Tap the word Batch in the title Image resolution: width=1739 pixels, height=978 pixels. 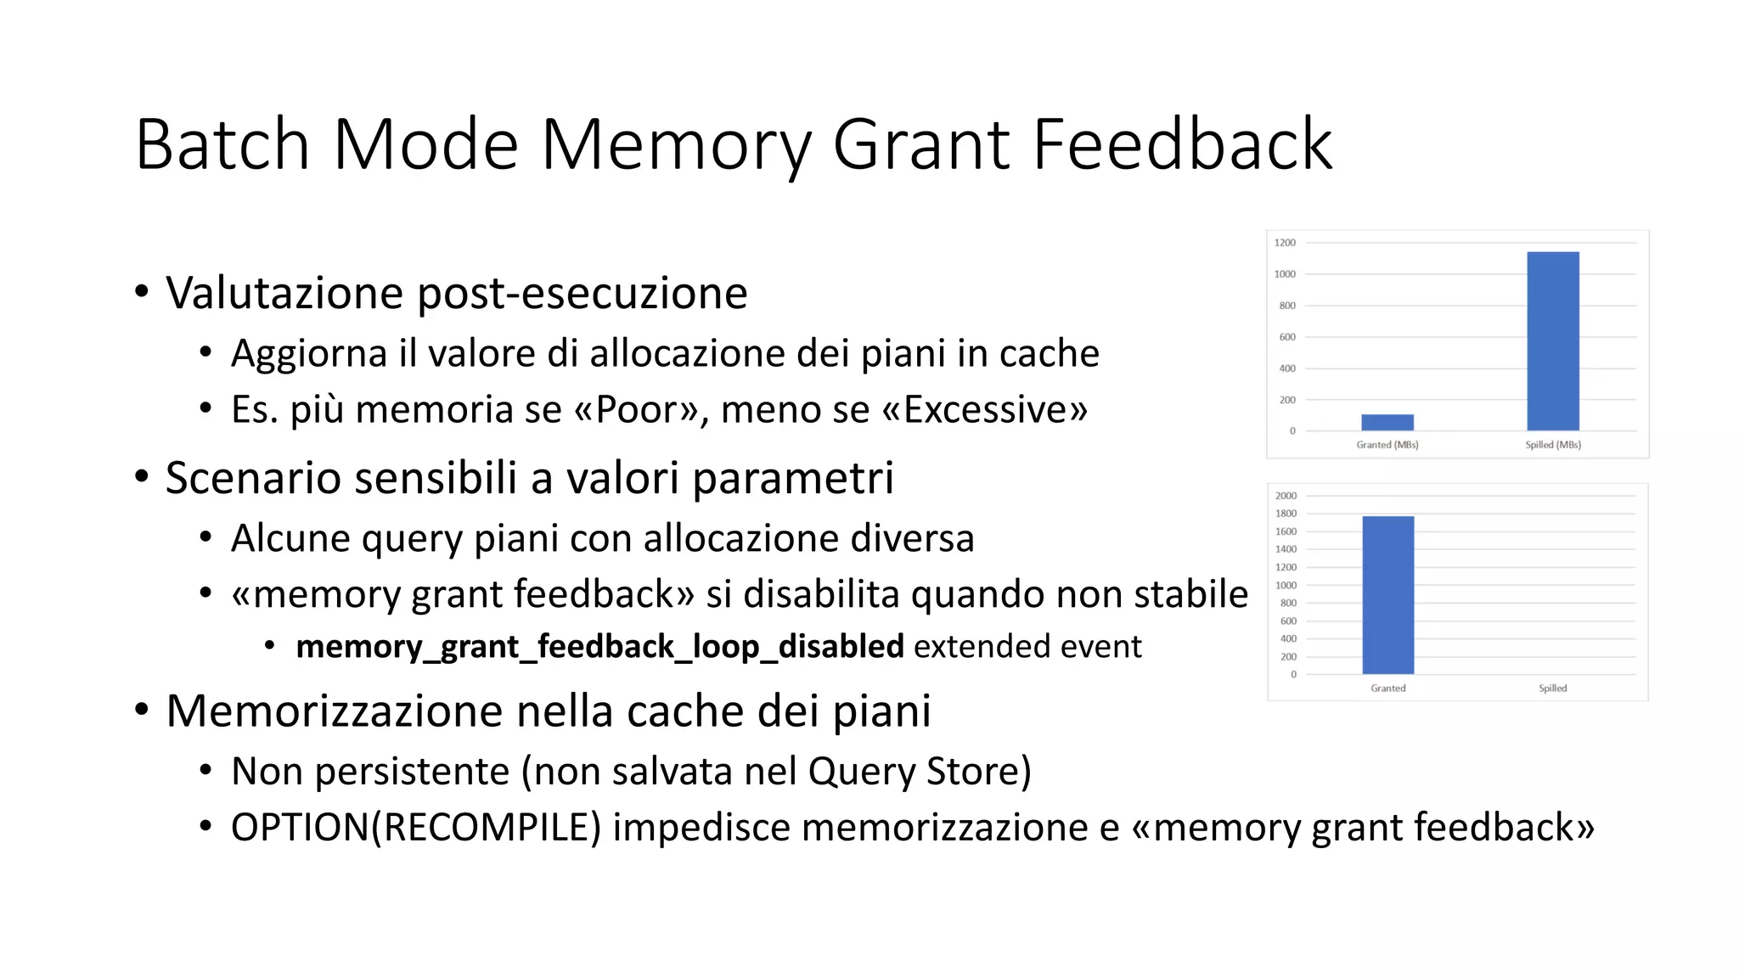(x=222, y=144)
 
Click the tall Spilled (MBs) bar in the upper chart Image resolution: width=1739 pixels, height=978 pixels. (x=1552, y=340)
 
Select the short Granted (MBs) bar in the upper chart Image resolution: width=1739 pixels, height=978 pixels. (x=1387, y=422)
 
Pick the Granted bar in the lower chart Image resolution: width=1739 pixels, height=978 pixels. (x=1387, y=594)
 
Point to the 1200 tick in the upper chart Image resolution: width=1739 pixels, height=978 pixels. (x=1285, y=243)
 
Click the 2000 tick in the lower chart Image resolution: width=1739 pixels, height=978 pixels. (x=1286, y=496)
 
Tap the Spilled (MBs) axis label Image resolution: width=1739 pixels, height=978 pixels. (x=1552, y=445)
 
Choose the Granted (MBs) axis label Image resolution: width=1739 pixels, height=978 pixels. (x=1387, y=445)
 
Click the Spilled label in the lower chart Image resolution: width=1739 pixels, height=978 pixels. (x=1552, y=689)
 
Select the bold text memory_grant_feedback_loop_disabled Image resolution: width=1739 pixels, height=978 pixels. (x=599, y=647)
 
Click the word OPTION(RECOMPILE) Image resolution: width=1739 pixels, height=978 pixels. (x=415, y=828)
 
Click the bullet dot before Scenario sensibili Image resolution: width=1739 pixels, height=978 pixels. (x=142, y=476)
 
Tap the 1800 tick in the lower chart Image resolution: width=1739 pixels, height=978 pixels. (x=1286, y=514)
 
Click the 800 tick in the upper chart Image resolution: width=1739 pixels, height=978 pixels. (x=1287, y=306)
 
